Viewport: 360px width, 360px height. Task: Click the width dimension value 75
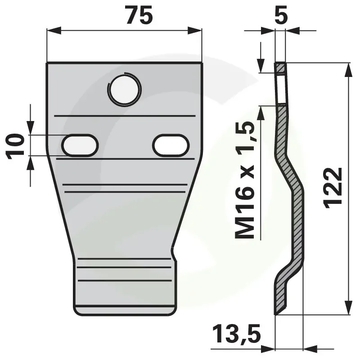tap(139, 15)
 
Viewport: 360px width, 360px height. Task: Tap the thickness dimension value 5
tap(281, 16)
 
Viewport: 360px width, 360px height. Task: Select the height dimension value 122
tap(333, 188)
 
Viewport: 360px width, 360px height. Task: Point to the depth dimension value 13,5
tap(237, 333)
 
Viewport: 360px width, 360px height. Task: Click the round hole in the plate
tap(124, 89)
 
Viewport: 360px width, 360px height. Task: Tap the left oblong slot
tap(80, 145)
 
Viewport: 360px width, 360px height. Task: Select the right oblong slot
tap(171, 145)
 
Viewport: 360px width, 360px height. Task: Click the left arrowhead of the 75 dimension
tap(54, 30)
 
